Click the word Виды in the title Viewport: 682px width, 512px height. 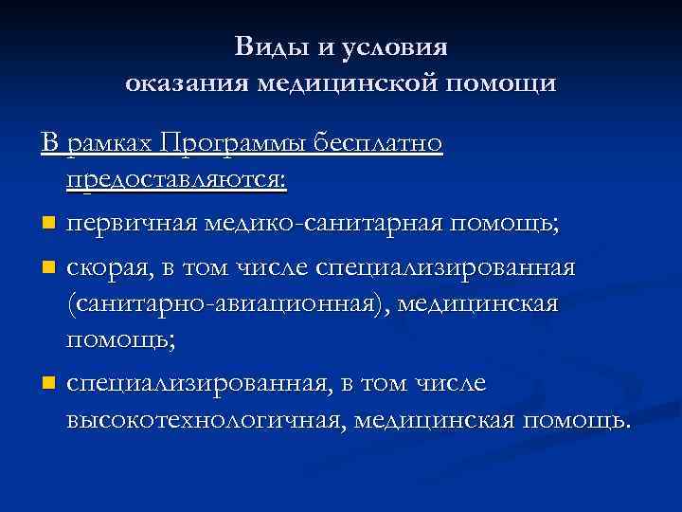[267, 47]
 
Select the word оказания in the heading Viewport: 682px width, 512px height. [185, 84]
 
